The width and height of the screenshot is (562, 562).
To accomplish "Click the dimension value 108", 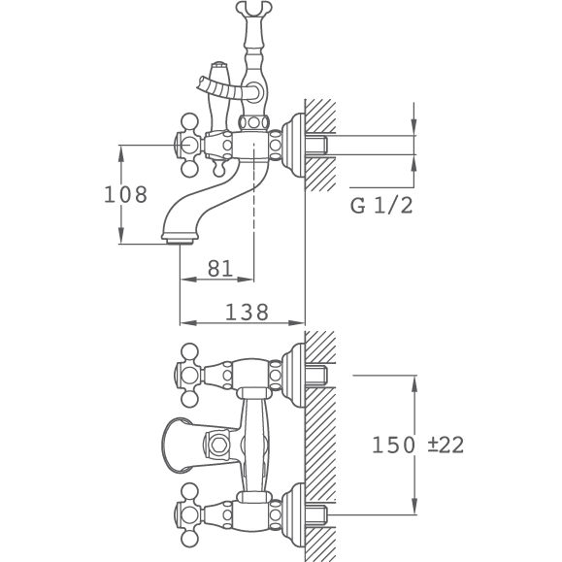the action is click(x=125, y=195).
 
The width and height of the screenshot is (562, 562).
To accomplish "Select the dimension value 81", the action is click(x=220, y=268).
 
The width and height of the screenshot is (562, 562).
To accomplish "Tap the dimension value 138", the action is click(x=247, y=312).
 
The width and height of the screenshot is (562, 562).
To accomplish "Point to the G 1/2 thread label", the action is click(x=381, y=206).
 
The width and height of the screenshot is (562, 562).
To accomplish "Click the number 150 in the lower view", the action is click(x=393, y=445).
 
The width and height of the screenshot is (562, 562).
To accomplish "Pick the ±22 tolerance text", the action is click(x=446, y=445).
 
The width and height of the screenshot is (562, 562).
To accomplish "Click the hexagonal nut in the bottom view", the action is click(x=217, y=445).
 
